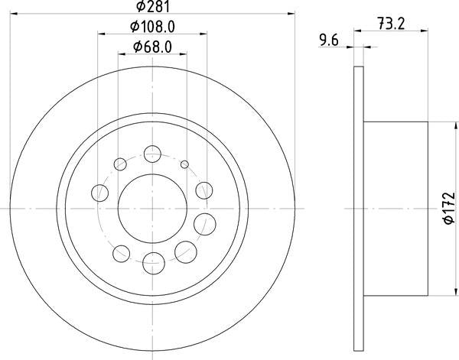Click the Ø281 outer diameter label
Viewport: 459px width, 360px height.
coord(153,6)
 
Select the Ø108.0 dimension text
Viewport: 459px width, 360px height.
coord(152,28)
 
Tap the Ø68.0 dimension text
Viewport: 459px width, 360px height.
coord(152,47)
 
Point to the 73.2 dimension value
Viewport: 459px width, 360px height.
coord(391,24)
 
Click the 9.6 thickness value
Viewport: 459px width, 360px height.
coord(329,40)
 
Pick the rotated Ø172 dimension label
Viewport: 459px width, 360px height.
coord(449,208)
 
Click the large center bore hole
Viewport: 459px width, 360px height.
coord(152,209)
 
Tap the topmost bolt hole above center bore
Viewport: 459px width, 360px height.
coord(152,154)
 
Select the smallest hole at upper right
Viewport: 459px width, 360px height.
coord(184,164)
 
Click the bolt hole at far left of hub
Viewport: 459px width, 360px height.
coord(99,193)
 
